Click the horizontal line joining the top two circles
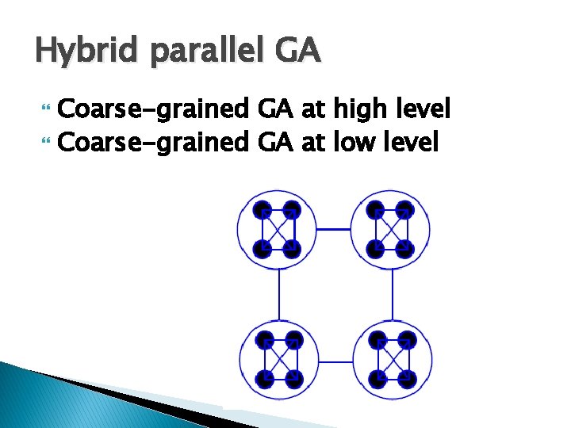pos(334,229)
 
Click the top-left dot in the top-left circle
pos(263,211)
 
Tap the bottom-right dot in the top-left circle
pos(293,249)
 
